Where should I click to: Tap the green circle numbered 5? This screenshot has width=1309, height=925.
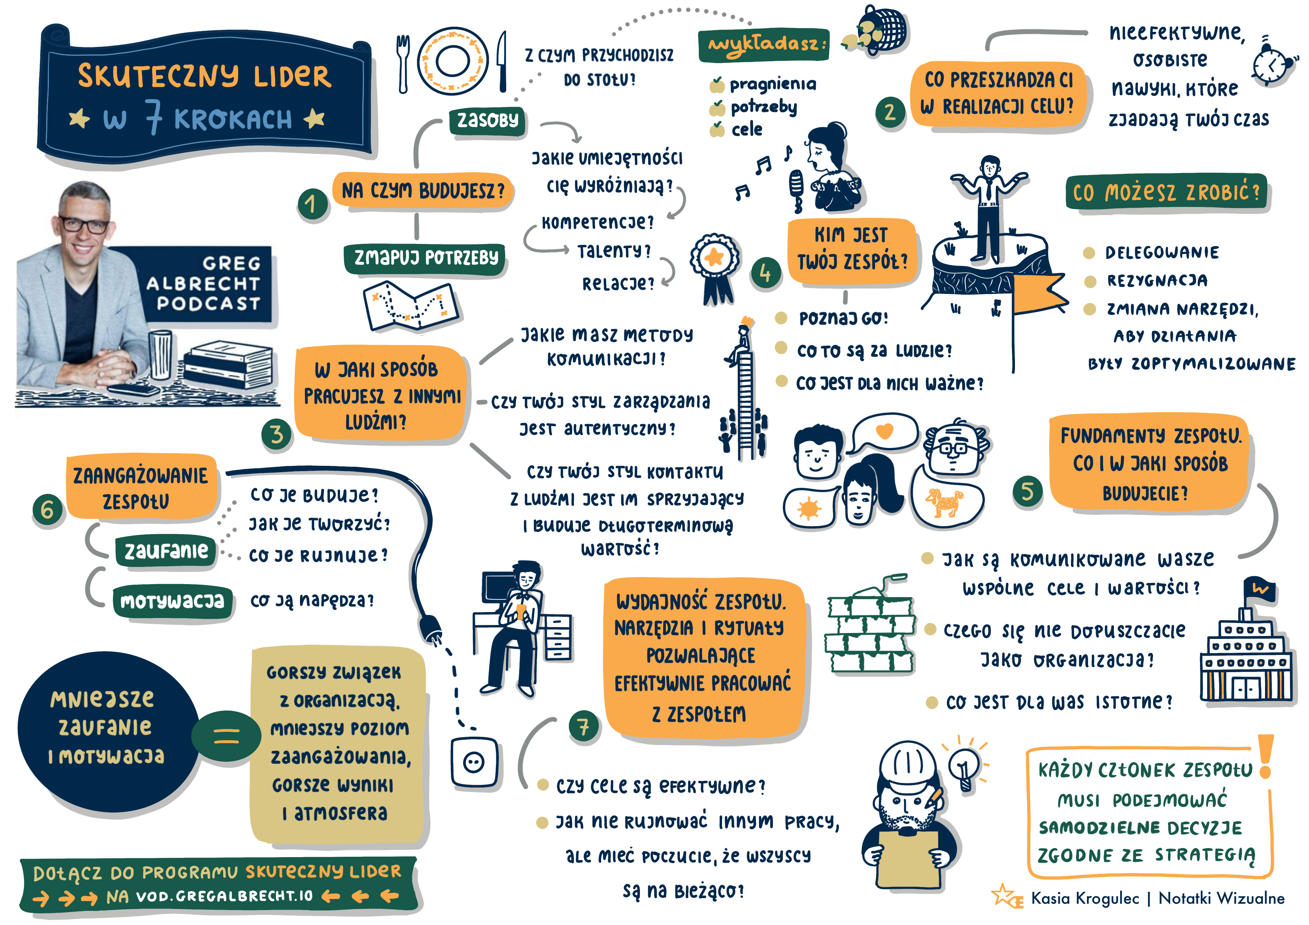point(1027,491)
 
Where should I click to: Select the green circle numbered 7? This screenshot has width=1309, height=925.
point(583,726)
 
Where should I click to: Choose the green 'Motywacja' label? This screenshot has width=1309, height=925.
point(173,601)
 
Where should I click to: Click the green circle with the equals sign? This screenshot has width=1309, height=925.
point(227,736)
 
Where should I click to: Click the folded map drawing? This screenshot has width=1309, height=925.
point(411,305)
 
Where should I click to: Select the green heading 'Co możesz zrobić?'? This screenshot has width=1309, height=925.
point(1166,192)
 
